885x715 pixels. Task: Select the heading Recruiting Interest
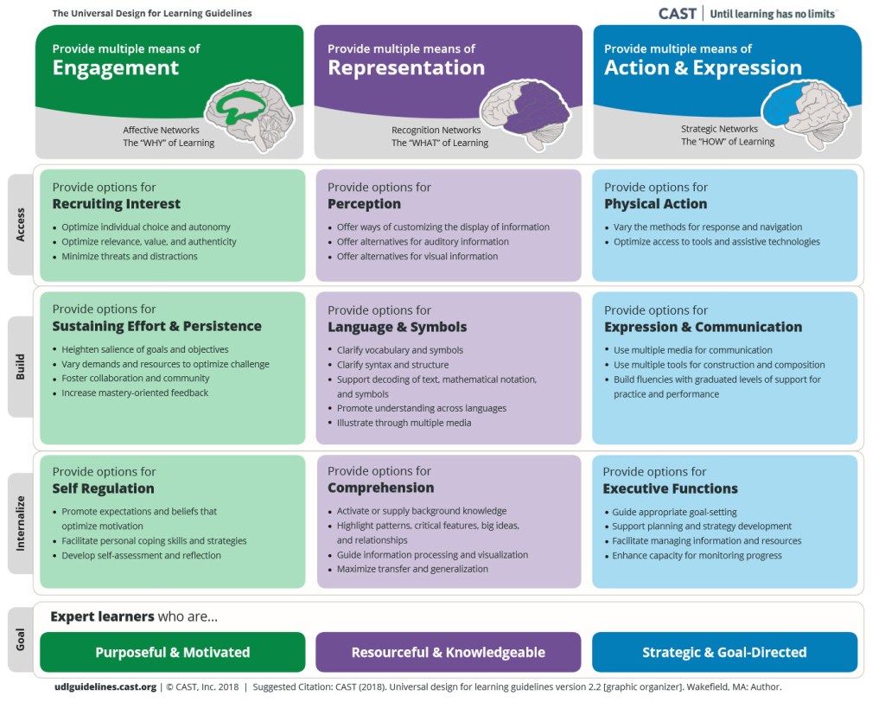(116, 204)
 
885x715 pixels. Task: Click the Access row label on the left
(21, 225)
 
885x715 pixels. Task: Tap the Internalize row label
(21, 523)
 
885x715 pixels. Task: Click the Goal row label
(21, 640)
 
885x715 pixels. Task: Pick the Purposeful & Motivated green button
(172, 652)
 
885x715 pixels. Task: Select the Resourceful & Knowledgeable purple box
(448, 652)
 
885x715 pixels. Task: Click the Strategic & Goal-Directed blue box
(724, 652)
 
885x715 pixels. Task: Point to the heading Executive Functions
(670, 488)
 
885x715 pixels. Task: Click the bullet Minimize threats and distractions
(129, 256)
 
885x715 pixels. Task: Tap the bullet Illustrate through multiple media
(404, 423)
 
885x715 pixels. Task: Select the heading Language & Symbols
(397, 327)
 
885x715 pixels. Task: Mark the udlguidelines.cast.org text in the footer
(105, 687)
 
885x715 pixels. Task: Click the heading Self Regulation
(103, 488)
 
